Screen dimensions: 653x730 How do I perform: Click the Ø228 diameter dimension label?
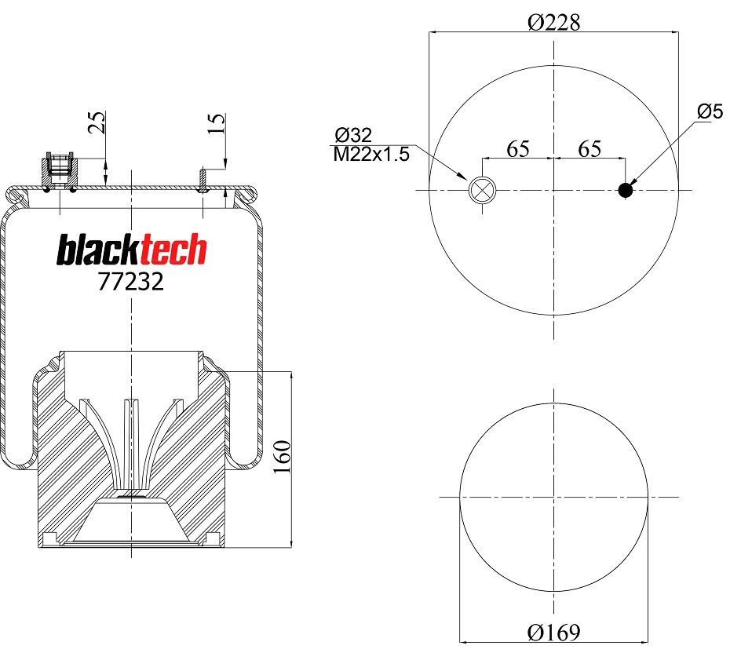(554, 22)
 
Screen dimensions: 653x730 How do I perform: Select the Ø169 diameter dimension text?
(554, 632)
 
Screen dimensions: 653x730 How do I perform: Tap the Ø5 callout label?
(709, 111)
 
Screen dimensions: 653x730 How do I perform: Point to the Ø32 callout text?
(353, 135)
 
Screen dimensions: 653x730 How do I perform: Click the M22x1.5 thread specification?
(372, 154)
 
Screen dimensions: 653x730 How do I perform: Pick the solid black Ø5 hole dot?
(626, 190)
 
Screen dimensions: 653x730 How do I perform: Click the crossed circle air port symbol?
(480, 190)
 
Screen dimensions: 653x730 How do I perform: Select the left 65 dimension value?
(518, 149)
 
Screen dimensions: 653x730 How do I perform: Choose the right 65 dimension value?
(589, 149)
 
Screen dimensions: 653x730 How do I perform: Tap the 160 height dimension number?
(283, 457)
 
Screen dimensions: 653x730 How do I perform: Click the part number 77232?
(131, 282)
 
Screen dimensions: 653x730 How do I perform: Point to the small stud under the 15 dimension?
(203, 180)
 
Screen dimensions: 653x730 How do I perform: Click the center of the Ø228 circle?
(554, 190)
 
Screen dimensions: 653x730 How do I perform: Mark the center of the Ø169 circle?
(554, 497)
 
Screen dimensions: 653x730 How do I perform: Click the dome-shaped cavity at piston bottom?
(131, 522)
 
